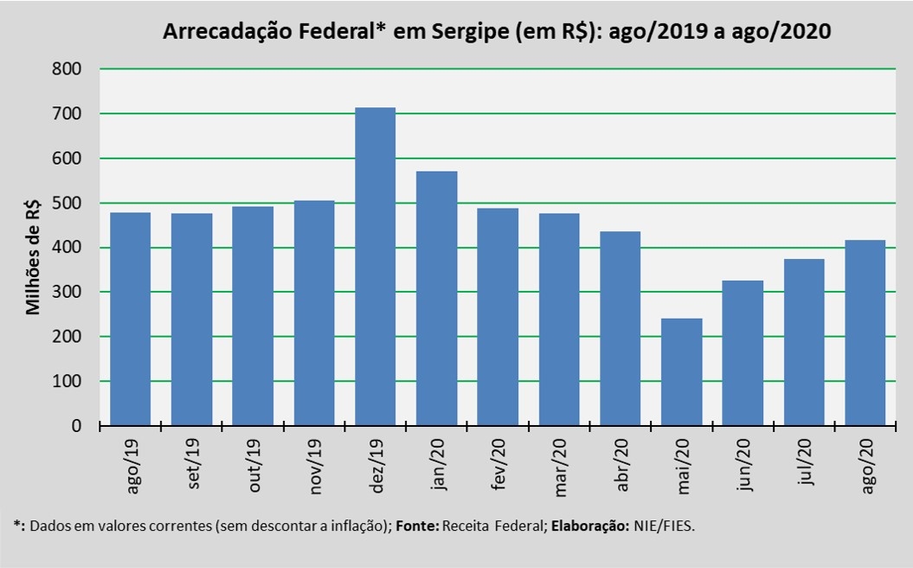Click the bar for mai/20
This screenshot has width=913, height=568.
681,372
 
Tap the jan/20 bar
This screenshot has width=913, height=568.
436,299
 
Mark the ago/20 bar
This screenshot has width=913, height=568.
865,332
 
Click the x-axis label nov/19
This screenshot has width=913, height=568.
316,468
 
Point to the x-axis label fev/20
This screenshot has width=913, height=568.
499,468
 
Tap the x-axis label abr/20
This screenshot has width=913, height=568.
621,468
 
